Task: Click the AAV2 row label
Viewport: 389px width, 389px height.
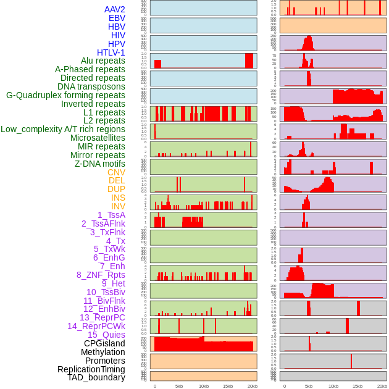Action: tap(114, 9)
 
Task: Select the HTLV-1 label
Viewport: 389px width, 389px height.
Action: tap(111, 52)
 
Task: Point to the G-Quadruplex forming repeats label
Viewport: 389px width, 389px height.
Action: tap(65, 95)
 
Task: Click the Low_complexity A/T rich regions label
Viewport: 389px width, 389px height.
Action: tap(63, 129)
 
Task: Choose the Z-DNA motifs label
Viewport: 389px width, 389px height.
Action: tap(100, 164)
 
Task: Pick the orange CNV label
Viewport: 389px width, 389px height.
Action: tap(116, 172)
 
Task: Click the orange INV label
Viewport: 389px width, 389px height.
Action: tap(118, 206)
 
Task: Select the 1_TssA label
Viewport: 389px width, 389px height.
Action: tap(111, 215)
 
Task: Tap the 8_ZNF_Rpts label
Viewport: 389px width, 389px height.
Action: tap(101, 275)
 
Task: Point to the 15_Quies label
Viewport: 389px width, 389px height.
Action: tap(106, 335)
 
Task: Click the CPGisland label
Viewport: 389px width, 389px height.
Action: tap(104, 343)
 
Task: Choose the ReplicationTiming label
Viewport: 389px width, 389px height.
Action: tap(91, 369)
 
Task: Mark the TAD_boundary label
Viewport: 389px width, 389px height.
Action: tap(96, 377)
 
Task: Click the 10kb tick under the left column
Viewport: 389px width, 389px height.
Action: tap(203, 386)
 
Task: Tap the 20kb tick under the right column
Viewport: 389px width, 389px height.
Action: tap(382, 386)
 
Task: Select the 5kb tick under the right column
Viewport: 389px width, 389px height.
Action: tap(309, 386)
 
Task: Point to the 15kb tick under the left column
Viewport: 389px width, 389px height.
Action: tap(228, 386)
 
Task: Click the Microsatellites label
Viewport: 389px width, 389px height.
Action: tap(98, 138)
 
